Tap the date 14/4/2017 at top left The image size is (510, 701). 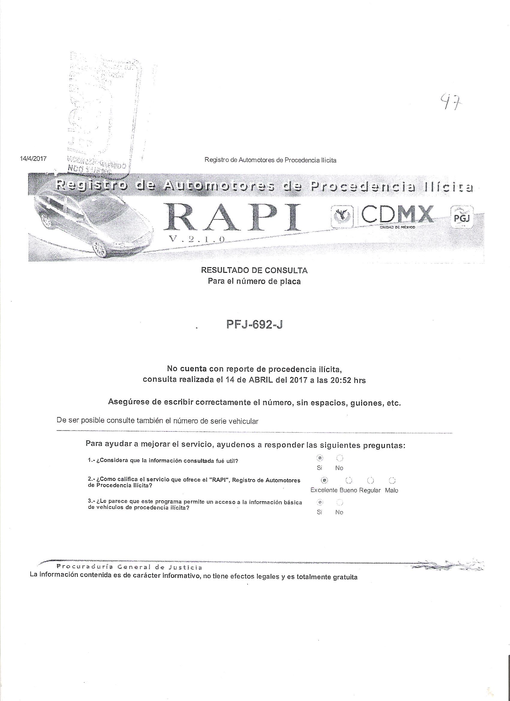point(33,159)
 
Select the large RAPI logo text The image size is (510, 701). point(234,218)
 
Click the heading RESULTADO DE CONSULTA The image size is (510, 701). point(254,271)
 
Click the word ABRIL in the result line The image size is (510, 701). point(261,380)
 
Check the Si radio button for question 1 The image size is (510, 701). point(320,458)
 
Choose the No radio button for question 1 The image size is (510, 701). point(340,458)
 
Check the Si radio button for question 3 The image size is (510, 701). point(320,502)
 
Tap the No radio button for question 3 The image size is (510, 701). point(340,502)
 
